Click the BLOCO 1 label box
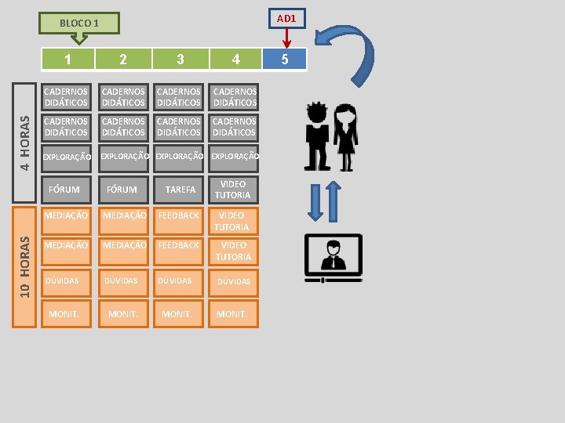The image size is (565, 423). tap(79, 23)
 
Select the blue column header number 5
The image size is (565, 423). tap(285, 60)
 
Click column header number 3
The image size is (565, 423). tap(180, 60)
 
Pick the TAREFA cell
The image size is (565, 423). tap(180, 189)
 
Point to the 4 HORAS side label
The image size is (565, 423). tap(26, 143)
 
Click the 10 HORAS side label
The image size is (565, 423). tap(26, 266)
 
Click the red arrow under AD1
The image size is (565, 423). tap(286, 37)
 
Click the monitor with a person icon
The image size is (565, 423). tap(334, 258)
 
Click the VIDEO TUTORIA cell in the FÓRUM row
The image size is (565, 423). tap(233, 189)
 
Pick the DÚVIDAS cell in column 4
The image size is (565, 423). tap(233, 281)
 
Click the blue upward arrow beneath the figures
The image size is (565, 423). tap(334, 201)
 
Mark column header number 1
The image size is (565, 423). tap(68, 60)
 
